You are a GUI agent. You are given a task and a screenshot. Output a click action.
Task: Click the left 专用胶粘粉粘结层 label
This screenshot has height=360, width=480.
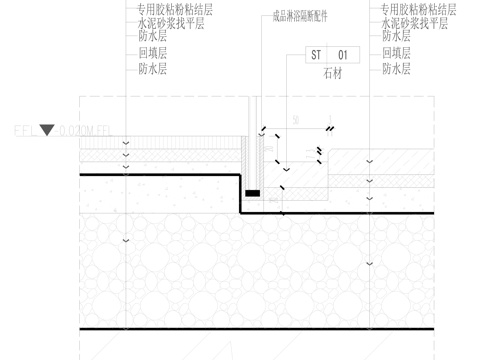pyautogui.click(x=174, y=7)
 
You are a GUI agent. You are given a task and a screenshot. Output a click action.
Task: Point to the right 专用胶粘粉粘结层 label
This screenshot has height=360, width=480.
pyautogui.click(x=418, y=7)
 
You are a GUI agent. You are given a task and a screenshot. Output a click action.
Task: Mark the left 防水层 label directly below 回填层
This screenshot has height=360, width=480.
pyautogui.click(x=152, y=68)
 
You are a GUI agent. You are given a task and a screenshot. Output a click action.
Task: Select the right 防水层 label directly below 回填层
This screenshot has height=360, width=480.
pyautogui.click(x=396, y=68)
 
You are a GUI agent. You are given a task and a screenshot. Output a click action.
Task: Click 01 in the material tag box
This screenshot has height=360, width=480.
pyautogui.click(x=342, y=53)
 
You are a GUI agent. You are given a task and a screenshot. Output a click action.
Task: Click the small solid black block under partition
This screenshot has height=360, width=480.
pyautogui.click(x=253, y=190)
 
